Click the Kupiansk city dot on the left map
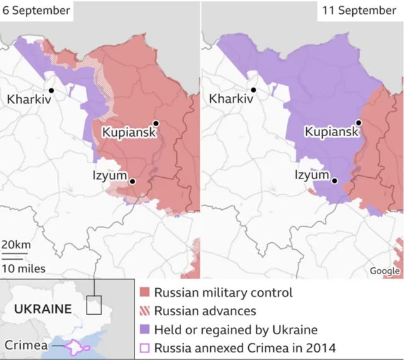pos(155,123)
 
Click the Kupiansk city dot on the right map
pos(358,123)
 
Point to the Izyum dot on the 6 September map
pos(133,182)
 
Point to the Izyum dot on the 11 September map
pos(335,182)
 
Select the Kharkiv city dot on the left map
pos(50,90)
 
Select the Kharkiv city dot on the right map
pos(253,90)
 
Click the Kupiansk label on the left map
pos(129,133)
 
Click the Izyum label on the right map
pos(312,175)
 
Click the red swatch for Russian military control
pos(145,293)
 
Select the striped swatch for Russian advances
pos(145,311)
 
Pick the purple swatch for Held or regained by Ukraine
pos(145,330)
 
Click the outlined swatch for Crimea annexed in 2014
pos(145,347)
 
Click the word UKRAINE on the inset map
pos(42,309)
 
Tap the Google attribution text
pos(385,271)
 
